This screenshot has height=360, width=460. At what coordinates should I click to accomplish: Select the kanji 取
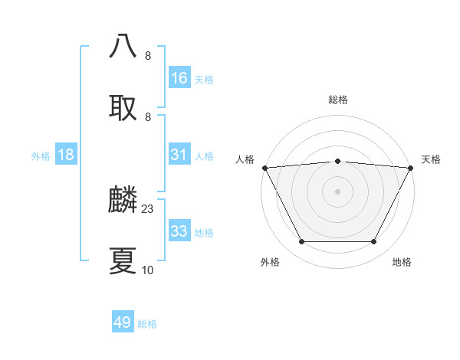pyautogui.click(x=123, y=107)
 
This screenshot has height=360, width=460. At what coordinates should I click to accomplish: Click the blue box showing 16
pyautogui.click(x=179, y=78)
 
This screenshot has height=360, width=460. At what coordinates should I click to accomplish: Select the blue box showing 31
pyautogui.click(x=179, y=155)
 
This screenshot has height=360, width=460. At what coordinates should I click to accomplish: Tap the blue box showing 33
pyautogui.click(x=179, y=231)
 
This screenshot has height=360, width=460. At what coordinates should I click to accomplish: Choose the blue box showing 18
pyautogui.click(x=66, y=155)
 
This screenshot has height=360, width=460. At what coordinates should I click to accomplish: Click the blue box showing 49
pyautogui.click(x=123, y=322)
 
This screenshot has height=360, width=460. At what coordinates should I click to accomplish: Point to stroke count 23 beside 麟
pyautogui.click(x=148, y=209)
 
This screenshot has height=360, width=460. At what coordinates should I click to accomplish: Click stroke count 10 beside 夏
pyautogui.click(x=148, y=270)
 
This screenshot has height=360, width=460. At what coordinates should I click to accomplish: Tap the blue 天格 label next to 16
pyautogui.click(x=204, y=79)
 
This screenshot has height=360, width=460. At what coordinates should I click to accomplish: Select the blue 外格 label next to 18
pyautogui.click(x=41, y=155)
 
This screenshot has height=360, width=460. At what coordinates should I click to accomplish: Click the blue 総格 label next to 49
pyautogui.click(x=147, y=323)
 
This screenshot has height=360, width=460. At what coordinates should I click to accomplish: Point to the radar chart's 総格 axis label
pyautogui.click(x=338, y=100)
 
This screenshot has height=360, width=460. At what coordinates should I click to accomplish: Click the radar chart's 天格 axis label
pyautogui.click(x=432, y=159)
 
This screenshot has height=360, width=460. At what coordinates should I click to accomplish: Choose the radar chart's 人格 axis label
pyautogui.click(x=245, y=159)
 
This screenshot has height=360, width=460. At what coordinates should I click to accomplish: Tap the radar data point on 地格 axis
pyautogui.click(x=374, y=242)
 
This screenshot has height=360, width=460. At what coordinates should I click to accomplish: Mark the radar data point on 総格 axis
pyautogui.click(x=338, y=161)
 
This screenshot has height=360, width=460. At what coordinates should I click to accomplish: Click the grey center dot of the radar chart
pyautogui.click(x=338, y=191)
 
